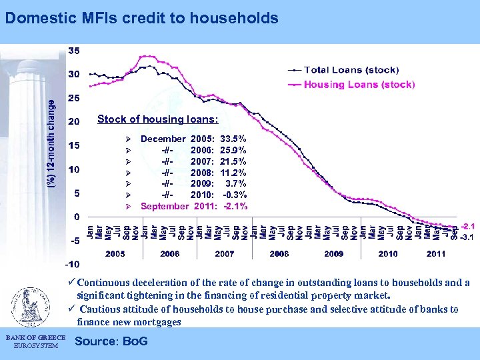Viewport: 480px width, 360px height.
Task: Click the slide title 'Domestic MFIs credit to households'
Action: pos(141,18)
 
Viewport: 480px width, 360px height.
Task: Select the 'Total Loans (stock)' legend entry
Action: pos(351,69)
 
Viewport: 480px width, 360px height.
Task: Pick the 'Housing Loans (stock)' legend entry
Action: pos(359,85)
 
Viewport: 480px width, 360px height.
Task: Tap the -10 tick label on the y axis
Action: pos(73,265)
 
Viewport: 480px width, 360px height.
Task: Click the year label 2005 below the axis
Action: pos(115,254)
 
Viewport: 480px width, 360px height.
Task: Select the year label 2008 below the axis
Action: pos(279,254)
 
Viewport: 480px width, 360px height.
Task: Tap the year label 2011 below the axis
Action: pos(435,254)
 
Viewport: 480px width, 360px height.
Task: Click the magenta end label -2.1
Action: pos(467,227)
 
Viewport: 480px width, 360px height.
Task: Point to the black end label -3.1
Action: pos(467,237)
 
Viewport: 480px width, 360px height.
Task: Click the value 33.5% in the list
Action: pos(233,139)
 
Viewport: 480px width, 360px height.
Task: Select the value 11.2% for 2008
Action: pos(233,173)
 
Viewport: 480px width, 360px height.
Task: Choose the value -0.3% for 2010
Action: pos(234,195)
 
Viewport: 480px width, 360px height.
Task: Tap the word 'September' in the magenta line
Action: pos(165,206)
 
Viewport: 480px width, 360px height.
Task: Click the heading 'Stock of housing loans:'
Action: pos(157,119)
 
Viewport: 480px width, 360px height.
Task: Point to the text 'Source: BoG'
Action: pos(112,342)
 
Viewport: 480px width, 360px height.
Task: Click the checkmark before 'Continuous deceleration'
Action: pos(71,283)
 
